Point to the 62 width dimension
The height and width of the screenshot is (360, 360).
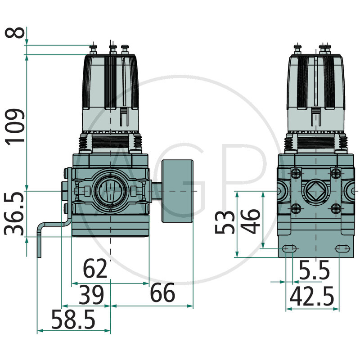(95, 269)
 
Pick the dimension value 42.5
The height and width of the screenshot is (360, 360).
(311, 297)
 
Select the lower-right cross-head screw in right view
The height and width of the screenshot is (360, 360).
(335, 208)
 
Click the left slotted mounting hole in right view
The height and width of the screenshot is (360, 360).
(289, 248)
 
